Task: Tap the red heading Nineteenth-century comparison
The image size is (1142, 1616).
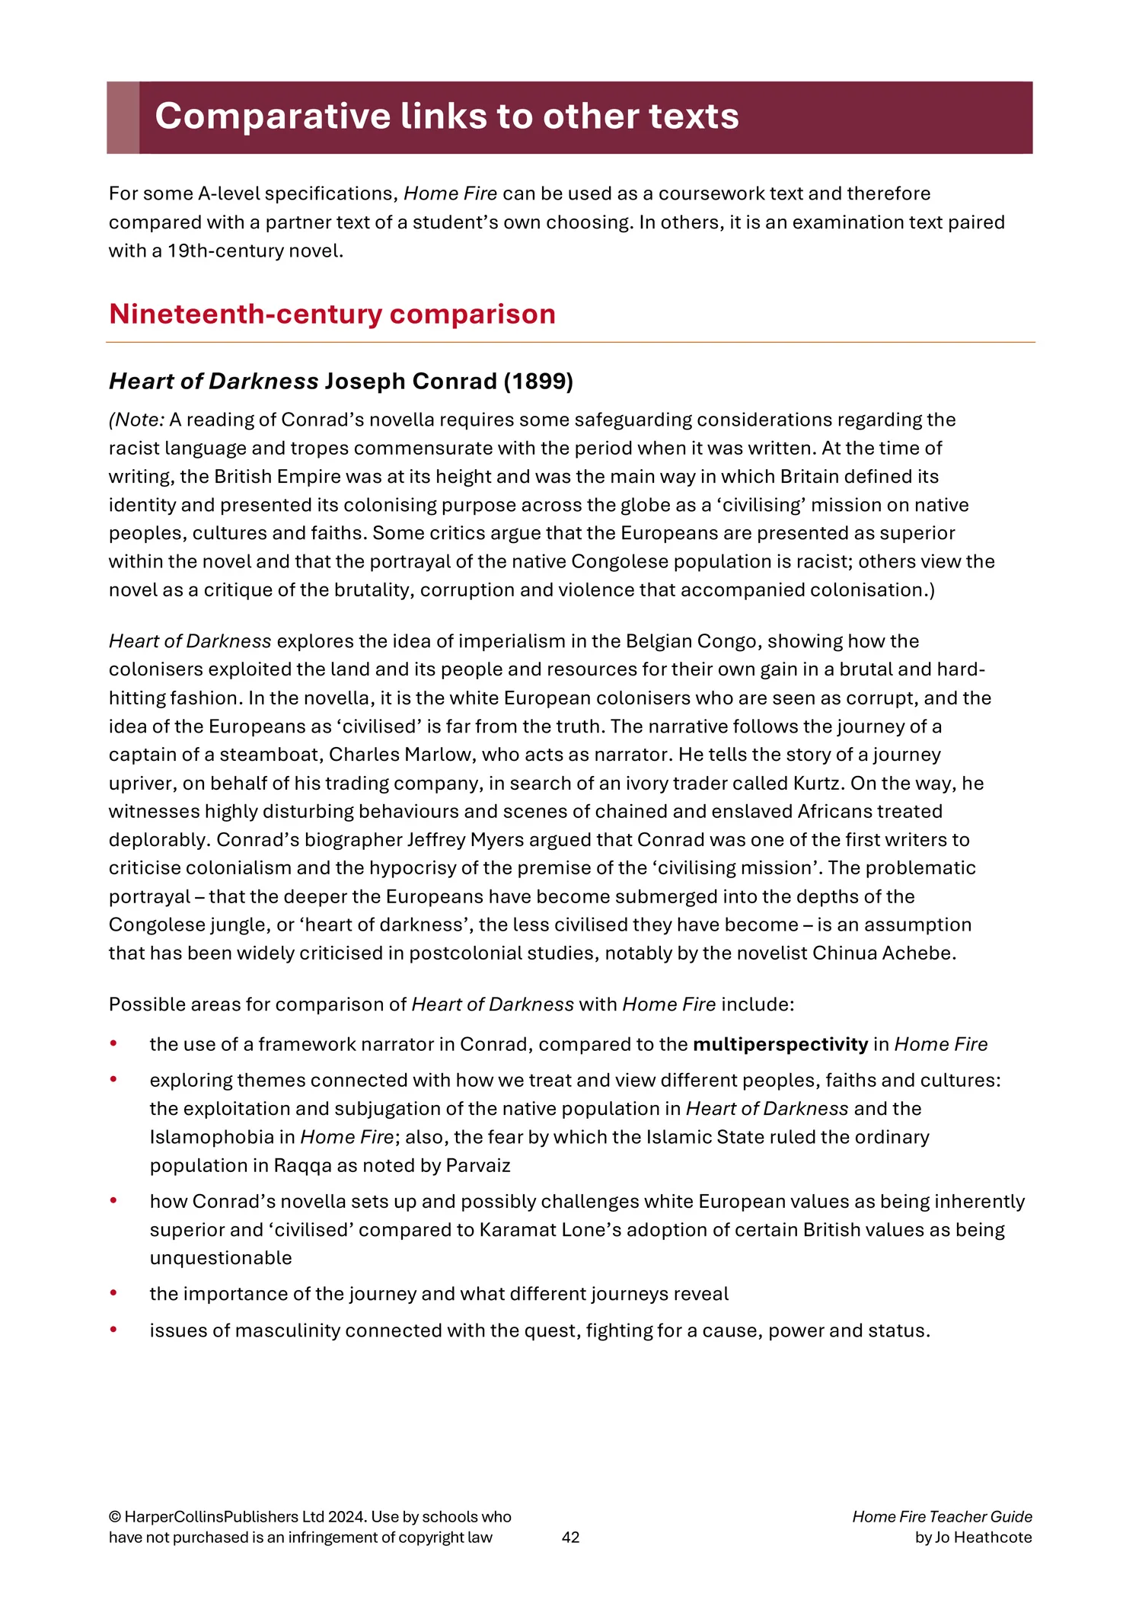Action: click(332, 314)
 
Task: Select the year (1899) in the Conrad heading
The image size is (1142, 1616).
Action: click(538, 381)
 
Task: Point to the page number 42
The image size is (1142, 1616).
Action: click(570, 1537)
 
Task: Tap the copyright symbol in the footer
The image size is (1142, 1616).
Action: click(114, 1516)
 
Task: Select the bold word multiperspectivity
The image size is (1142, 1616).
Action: click(780, 1044)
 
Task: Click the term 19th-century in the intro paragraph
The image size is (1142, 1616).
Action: click(221, 251)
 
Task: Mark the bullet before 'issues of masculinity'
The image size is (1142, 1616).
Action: click(113, 1330)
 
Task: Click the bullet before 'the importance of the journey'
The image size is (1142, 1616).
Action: click(113, 1293)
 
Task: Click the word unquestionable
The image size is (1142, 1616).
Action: click(221, 1257)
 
